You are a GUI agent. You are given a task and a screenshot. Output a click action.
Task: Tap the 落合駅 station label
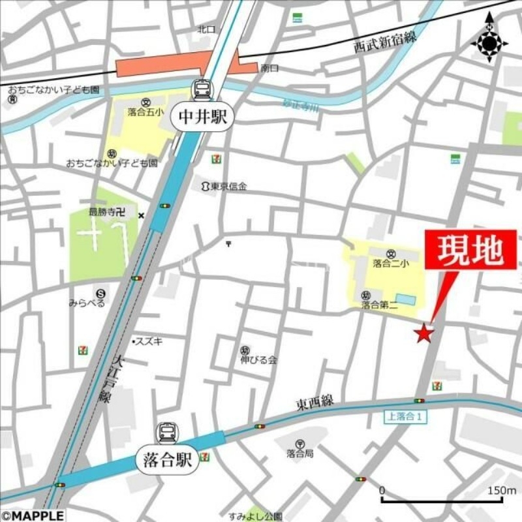(x=167, y=461)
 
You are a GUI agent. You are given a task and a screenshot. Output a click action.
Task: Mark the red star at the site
(x=424, y=333)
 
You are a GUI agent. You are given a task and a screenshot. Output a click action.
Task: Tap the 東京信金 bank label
(x=224, y=187)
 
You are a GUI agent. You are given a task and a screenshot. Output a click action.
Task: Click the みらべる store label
(x=87, y=303)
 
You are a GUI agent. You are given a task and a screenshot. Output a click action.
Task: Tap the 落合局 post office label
(x=300, y=452)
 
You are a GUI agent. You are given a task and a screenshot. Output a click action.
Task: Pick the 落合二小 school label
(x=391, y=263)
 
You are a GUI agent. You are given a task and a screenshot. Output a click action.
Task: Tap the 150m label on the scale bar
(x=502, y=490)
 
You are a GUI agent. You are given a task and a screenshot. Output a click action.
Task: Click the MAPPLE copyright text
(x=33, y=515)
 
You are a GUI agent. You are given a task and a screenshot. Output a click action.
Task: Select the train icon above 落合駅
(x=167, y=433)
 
